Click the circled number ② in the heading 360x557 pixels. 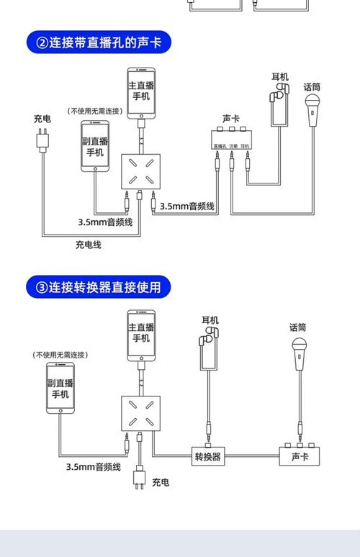[37, 42]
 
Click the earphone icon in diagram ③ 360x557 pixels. [210, 338]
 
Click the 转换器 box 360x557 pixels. [208, 456]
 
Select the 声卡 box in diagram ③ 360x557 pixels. [300, 456]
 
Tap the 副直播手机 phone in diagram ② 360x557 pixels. [95, 146]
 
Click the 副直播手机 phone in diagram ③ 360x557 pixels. [60, 388]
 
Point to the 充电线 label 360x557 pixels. [89, 245]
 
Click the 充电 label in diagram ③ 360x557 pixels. [161, 481]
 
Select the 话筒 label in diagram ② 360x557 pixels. [312, 87]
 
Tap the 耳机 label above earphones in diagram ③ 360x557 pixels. [210, 320]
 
